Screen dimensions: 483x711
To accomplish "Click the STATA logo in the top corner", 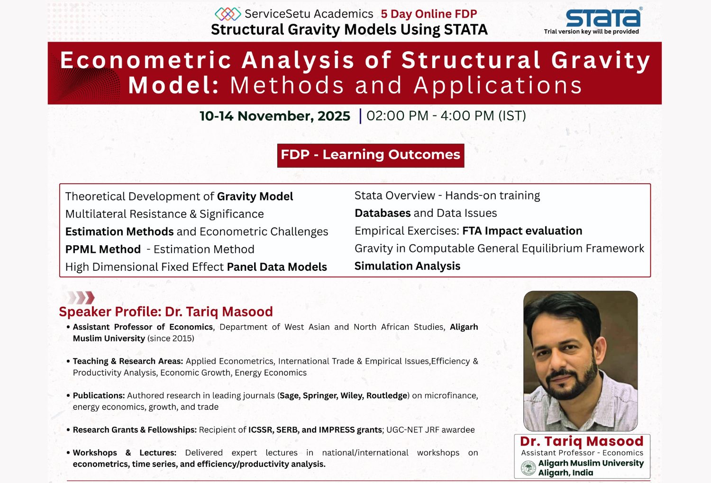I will point(603,18).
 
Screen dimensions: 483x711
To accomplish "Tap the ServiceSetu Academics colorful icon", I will point(228,14).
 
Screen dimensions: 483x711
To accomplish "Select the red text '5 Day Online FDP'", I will point(428,14).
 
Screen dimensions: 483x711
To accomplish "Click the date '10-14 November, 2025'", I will point(275,116).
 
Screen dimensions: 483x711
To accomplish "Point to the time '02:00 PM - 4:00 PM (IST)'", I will point(446,116).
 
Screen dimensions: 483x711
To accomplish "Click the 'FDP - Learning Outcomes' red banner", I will point(370,155).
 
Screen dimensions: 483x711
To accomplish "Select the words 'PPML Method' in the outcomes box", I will point(103,249).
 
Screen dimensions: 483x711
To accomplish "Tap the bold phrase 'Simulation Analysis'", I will point(407,266).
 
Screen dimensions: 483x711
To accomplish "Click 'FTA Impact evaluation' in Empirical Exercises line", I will point(522,231).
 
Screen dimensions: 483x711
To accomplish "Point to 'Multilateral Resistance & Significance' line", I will point(164,214).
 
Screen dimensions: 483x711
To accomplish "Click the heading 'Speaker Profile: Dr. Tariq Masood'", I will point(166,312).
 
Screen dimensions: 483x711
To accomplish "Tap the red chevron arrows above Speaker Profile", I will point(81,297).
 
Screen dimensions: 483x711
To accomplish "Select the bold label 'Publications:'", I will point(99,395).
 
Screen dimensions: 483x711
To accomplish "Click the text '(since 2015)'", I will point(171,338).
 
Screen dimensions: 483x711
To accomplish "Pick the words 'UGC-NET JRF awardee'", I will point(430,429).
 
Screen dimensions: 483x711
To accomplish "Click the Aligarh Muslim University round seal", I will point(528,468).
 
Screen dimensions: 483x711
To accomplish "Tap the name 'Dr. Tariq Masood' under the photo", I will point(582,441).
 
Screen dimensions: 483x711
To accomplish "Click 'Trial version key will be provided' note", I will point(591,32).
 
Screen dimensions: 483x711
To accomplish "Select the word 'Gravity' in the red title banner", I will point(600,61).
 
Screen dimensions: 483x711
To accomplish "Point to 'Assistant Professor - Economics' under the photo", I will point(582,453).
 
